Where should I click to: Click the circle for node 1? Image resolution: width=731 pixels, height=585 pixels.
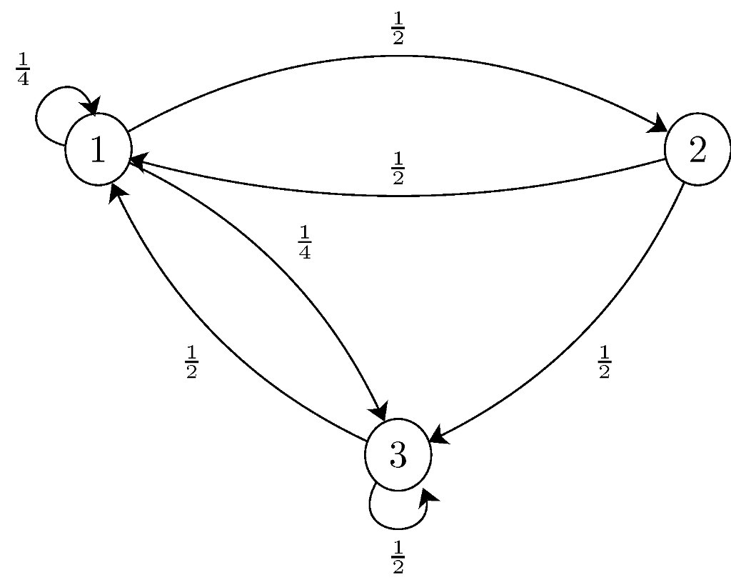[x=98, y=150]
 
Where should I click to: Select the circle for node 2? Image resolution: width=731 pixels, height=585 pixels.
[x=697, y=150]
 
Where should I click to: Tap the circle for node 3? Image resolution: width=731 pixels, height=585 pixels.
[x=398, y=454]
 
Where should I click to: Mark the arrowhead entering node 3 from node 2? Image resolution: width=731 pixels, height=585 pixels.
[x=438, y=436]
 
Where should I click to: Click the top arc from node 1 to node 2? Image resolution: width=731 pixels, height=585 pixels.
[x=398, y=56]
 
